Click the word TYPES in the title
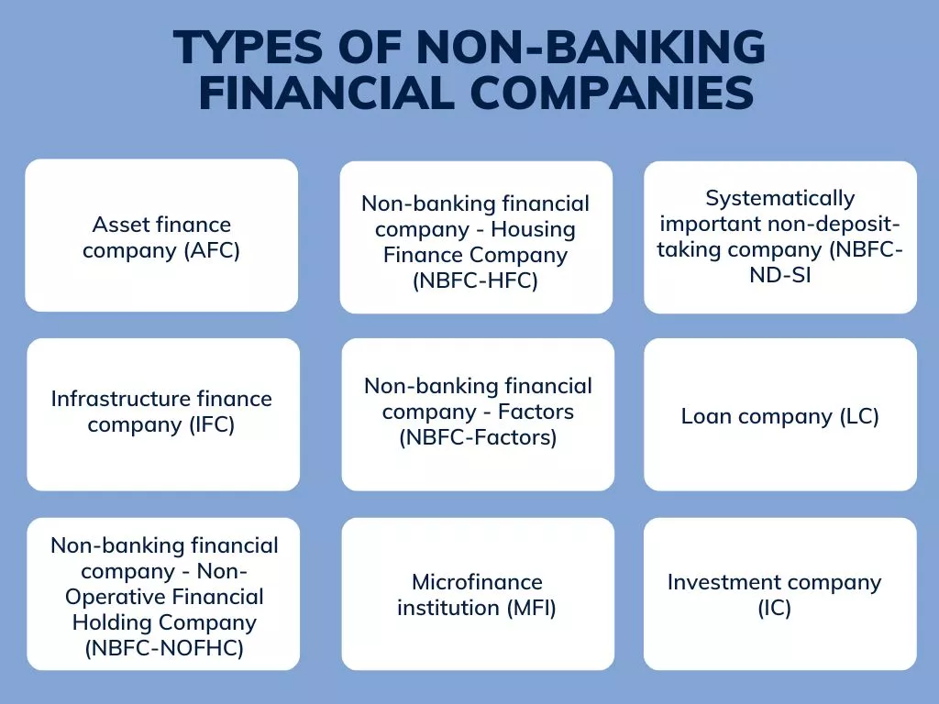[x=248, y=48]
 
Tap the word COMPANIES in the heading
[x=612, y=93]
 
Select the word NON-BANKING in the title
[x=591, y=48]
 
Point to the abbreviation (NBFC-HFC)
[x=476, y=280]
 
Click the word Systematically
[x=779, y=199]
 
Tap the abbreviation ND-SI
[x=779, y=275]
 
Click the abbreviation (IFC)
[x=212, y=425]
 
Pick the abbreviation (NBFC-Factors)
[x=478, y=437]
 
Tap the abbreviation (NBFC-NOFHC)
[x=164, y=648]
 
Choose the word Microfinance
[x=477, y=582]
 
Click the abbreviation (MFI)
[x=531, y=609]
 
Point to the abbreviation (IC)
[x=774, y=609]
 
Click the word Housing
[x=533, y=230]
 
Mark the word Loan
[x=707, y=417]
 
